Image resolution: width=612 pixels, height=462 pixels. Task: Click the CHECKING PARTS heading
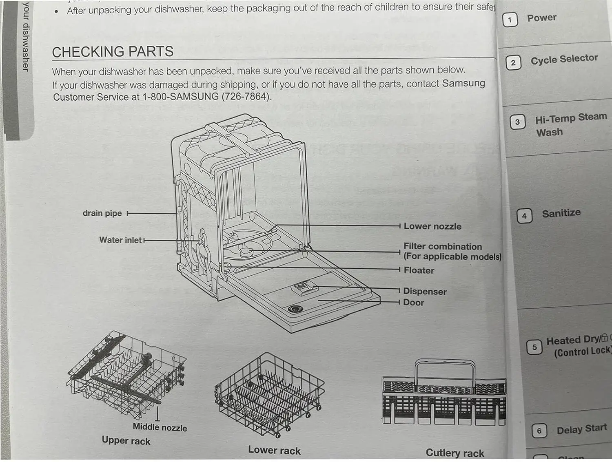point(113,52)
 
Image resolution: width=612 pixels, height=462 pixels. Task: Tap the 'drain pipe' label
point(102,213)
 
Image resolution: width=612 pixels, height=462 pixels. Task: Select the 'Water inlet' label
point(120,240)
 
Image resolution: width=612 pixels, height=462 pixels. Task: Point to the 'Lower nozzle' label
point(432,226)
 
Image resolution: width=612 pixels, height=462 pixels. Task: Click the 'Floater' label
point(419,270)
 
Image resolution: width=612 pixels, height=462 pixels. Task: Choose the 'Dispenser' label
point(425,292)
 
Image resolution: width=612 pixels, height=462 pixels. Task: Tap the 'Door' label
point(414,303)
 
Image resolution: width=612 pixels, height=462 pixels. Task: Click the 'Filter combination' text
point(443,247)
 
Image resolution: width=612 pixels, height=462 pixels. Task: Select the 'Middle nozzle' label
point(160,427)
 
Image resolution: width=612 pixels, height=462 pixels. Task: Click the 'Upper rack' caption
point(126,441)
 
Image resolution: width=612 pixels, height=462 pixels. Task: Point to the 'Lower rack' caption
point(274,450)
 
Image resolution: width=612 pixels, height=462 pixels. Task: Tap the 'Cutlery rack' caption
point(455,453)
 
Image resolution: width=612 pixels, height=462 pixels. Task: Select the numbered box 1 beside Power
point(510,20)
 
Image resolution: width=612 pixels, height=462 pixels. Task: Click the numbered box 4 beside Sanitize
point(524,216)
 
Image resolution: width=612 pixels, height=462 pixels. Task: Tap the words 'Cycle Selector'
point(564,60)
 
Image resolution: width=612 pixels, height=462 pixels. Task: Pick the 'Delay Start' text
point(582,429)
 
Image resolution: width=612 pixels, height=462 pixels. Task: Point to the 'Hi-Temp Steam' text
point(571,118)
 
